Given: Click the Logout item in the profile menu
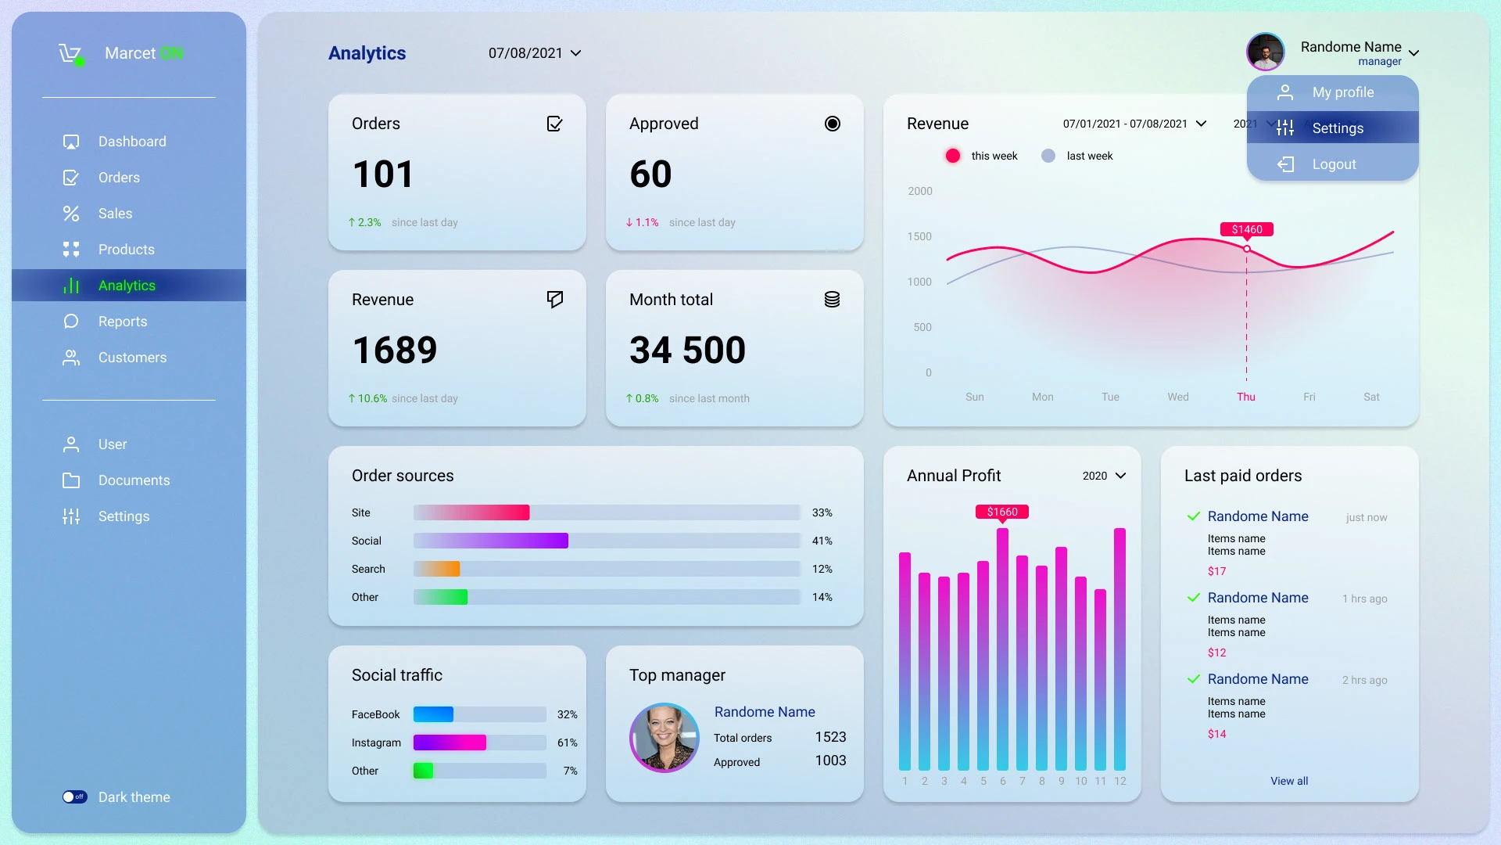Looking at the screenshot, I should [1333, 164].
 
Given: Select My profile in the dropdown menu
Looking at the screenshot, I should [1342, 92].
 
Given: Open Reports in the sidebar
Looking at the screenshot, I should [122, 322].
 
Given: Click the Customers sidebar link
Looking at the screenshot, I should [131, 358].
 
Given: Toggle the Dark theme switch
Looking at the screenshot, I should [75, 797].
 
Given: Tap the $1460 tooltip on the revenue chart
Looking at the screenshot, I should [1247, 229].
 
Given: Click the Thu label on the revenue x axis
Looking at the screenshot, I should [1246, 397].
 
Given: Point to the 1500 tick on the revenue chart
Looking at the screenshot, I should [919, 236].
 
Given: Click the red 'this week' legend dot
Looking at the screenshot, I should [953, 156].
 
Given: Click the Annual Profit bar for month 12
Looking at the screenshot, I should [1119, 649].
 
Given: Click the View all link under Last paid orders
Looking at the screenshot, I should [1289, 781].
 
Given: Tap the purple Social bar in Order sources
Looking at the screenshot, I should [491, 541].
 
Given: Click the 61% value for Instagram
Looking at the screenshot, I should [567, 743].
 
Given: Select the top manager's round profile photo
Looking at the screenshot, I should [665, 737].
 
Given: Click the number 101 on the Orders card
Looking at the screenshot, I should [383, 174].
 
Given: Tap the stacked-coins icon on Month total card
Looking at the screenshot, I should [832, 300].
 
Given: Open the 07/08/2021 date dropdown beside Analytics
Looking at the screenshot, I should [535, 53].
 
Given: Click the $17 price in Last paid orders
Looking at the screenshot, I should [1216, 571].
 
